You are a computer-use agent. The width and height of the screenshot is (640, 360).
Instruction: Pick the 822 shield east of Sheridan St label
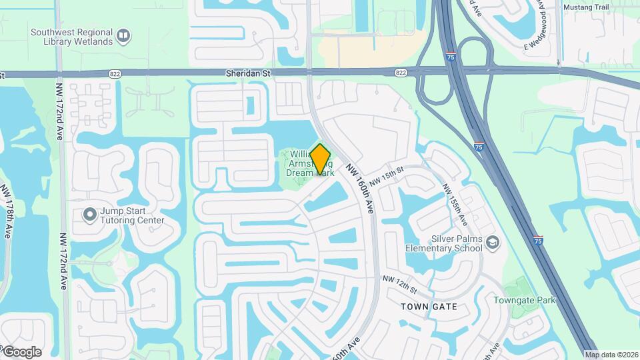pos(401,72)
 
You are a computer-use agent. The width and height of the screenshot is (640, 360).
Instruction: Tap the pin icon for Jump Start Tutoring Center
pos(89,215)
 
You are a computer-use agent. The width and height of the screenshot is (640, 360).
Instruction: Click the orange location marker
pos(321,159)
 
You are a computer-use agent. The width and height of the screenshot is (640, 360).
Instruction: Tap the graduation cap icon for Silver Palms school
pos(493,241)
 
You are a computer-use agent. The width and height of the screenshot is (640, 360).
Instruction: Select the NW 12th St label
pos(399,285)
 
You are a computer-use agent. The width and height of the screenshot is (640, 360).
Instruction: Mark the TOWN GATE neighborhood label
pos(429,307)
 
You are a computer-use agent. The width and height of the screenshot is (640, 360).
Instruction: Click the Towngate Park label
pos(524,300)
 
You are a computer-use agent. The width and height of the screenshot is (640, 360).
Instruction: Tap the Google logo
pos(21,351)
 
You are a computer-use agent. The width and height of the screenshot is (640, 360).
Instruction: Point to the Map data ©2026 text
pos(611,355)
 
